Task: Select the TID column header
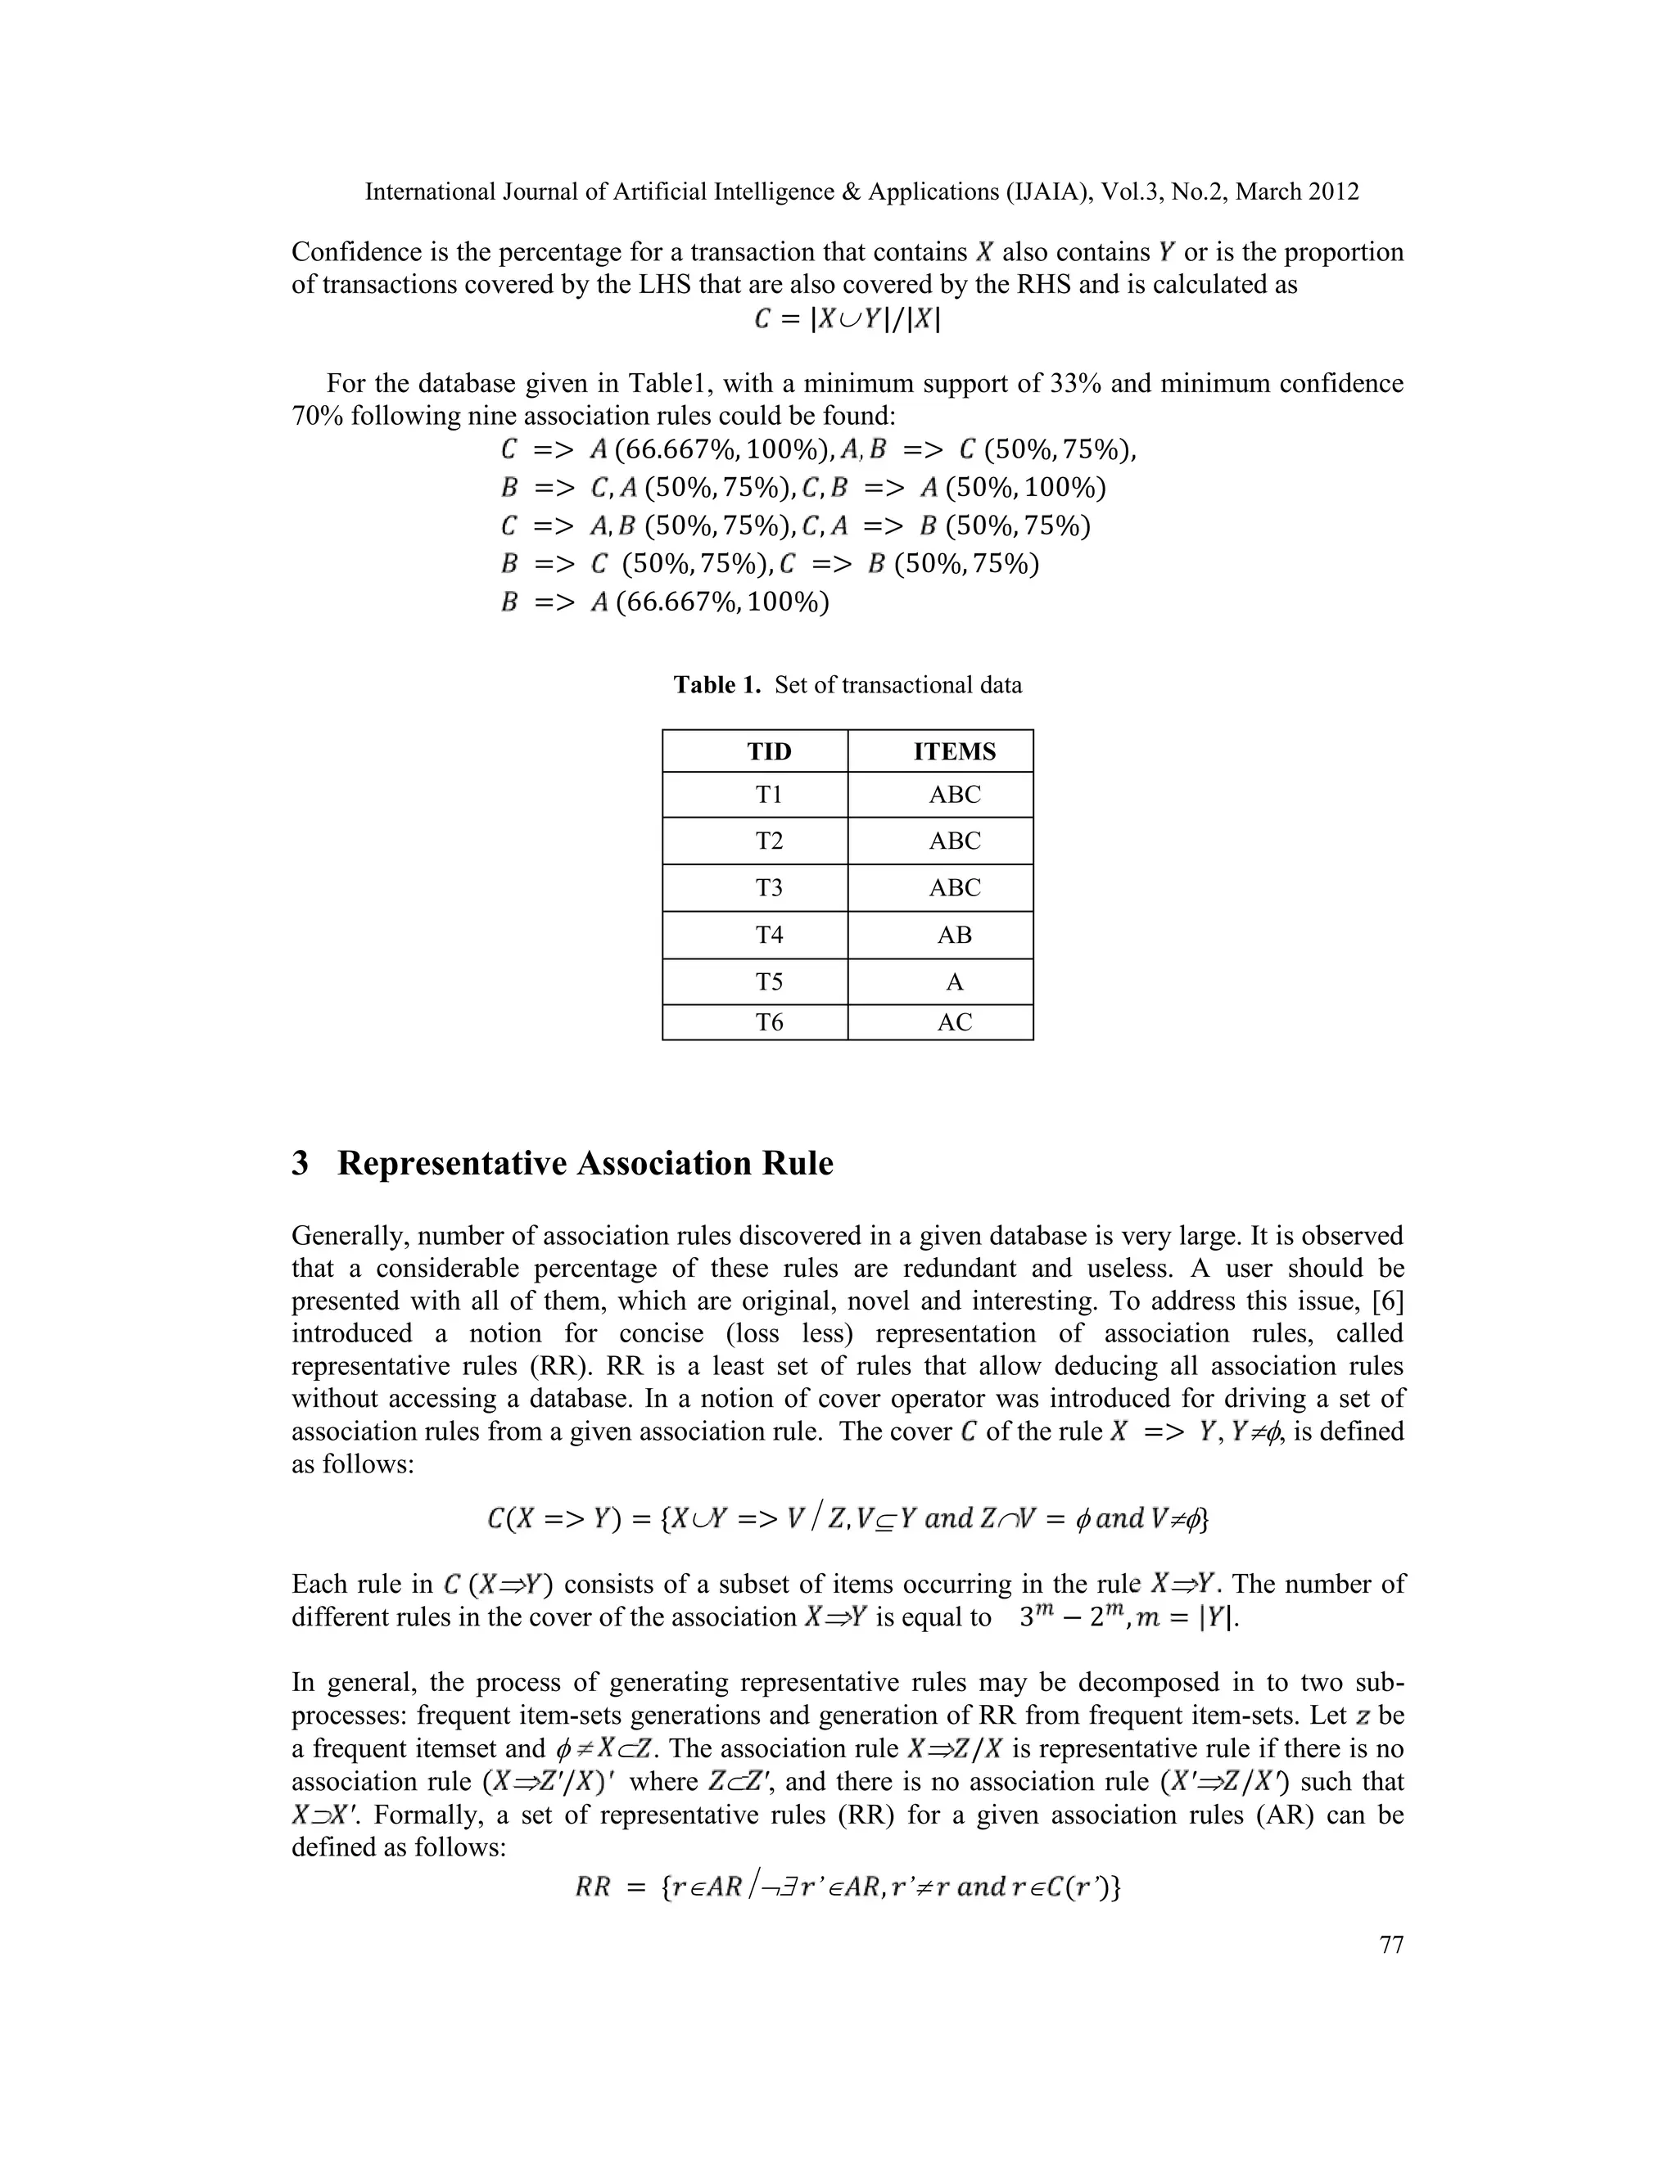pos(769,752)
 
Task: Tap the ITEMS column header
pos(954,752)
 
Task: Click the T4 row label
pos(769,935)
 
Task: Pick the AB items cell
pos(954,935)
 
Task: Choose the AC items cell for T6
pos(954,1022)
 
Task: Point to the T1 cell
pos(769,795)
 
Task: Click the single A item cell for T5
pos(954,982)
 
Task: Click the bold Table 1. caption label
pos(717,685)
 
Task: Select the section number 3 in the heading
pos(300,1164)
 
